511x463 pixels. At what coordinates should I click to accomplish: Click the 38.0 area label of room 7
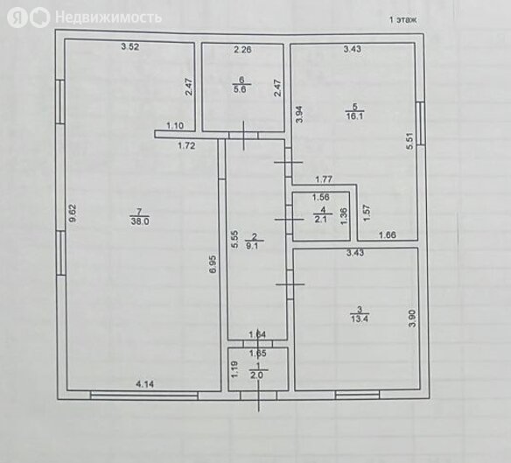tap(140, 221)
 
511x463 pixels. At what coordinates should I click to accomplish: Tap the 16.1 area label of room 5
tap(355, 116)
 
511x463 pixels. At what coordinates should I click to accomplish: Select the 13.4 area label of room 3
tap(360, 319)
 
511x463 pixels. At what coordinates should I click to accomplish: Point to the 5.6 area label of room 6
tap(240, 89)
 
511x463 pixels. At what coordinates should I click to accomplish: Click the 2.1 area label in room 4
tap(320, 219)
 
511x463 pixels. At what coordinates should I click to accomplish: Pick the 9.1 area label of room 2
tap(252, 246)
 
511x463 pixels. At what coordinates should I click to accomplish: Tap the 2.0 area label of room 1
tap(256, 375)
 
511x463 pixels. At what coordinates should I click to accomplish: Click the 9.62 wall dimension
tap(73, 214)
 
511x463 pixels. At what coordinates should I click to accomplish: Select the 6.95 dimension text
tap(213, 264)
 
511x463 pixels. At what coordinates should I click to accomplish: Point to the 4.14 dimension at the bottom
tap(144, 384)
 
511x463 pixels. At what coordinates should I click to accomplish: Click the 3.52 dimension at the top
tap(130, 46)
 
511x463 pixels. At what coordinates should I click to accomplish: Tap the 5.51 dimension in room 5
tap(409, 141)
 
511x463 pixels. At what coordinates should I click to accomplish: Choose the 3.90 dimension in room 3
tap(413, 319)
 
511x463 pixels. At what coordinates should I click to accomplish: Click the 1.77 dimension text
tap(324, 179)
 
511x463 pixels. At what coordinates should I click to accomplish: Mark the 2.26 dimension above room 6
tap(242, 50)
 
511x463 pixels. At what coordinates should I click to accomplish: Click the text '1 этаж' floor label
tap(403, 20)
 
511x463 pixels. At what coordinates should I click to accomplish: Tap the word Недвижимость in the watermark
tap(108, 17)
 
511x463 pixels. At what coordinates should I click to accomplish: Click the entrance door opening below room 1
tap(258, 396)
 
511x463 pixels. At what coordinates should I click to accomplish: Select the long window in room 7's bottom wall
tap(144, 396)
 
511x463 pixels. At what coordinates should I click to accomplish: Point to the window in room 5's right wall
tap(421, 123)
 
